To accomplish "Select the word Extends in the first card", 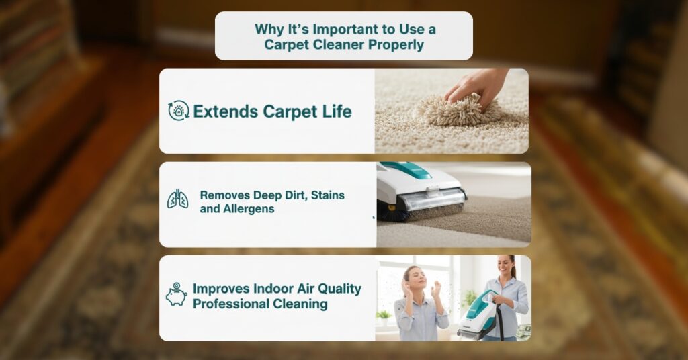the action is coord(226,111).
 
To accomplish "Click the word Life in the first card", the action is coord(337,111).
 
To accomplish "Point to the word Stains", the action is coord(327,195).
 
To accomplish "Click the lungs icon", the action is coord(177,199).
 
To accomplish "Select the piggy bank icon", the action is coord(177,294).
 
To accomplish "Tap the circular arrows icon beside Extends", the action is coord(179,111).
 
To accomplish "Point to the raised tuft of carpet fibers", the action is coord(456,109).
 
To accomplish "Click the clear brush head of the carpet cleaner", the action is coord(432,200).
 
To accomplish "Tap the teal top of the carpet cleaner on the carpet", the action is coord(406,170).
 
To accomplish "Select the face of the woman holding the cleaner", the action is coord(505,266).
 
